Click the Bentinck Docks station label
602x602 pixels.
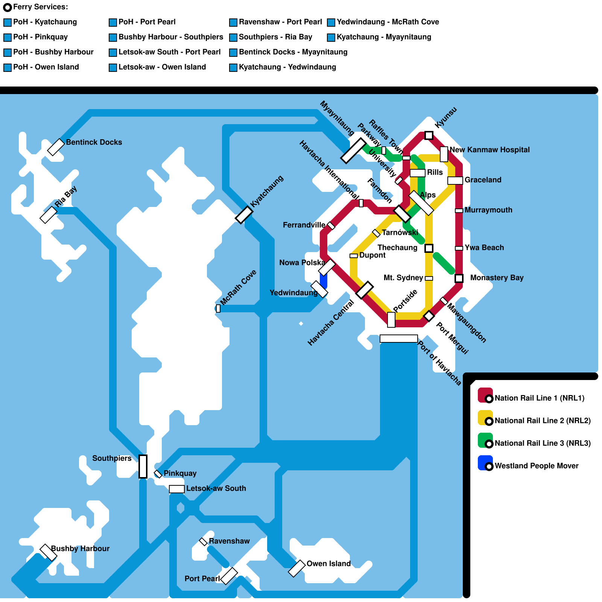coord(94,142)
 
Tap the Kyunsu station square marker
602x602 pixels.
coord(429,135)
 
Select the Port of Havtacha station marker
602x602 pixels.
coord(398,339)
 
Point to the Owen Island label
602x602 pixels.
coord(328,564)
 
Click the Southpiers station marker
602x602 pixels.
coord(143,467)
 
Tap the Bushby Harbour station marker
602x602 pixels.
coord(48,552)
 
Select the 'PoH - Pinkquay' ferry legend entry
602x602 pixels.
coord(40,37)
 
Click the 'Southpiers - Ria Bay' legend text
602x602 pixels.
coord(275,37)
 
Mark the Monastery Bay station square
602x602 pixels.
coord(459,278)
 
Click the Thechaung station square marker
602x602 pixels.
coord(429,248)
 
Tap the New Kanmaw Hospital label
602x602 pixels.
coord(490,150)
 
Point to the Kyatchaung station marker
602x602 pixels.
coord(244,215)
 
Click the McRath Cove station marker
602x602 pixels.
coord(218,309)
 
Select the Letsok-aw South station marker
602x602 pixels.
coord(176,489)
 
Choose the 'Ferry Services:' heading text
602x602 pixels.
coord(40,7)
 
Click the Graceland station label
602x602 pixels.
coord(483,180)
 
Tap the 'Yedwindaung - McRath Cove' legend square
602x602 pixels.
coord(331,23)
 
